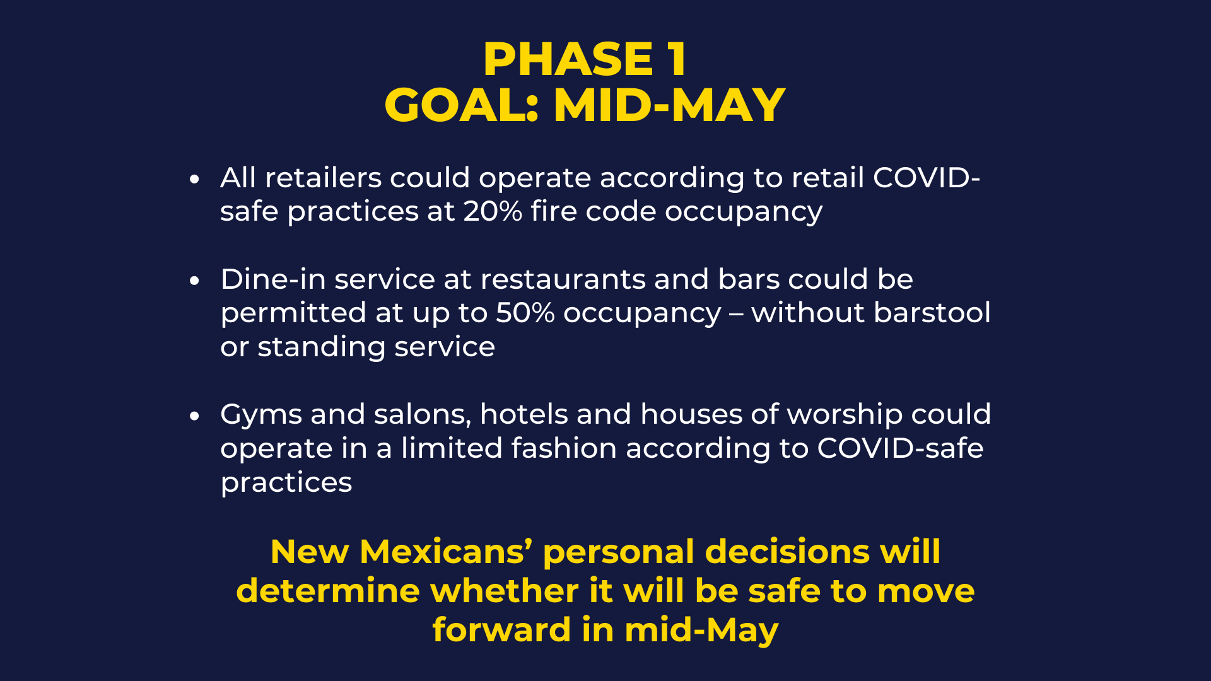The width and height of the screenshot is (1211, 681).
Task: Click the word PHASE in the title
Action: tap(568, 60)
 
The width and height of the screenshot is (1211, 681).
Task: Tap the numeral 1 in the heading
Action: tap(677, 60)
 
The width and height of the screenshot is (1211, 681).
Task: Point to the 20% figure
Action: tap(493, 211)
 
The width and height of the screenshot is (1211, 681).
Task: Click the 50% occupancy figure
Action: tap(525, 313)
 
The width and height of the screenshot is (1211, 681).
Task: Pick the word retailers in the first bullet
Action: tap(323, 178)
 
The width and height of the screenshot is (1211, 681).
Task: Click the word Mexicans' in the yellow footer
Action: tap(446, 552)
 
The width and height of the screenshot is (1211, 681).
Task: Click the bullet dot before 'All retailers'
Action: tap(194, 179)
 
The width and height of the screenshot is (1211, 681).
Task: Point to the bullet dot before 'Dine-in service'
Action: tap(194, 281)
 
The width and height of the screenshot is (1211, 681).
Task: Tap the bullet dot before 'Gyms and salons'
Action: tap(194, 416)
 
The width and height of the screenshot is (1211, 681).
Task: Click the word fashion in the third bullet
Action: tap(564, 448)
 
